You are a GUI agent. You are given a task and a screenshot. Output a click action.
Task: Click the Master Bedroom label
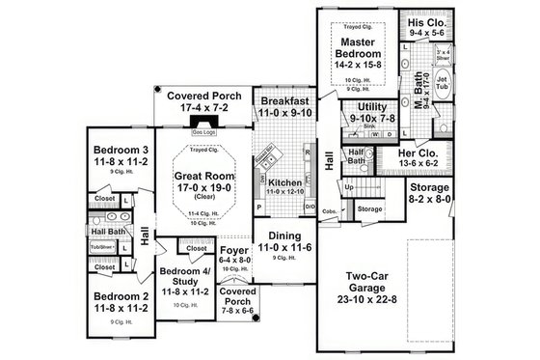[359, 49]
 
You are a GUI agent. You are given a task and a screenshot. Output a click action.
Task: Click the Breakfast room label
[283, 99]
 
